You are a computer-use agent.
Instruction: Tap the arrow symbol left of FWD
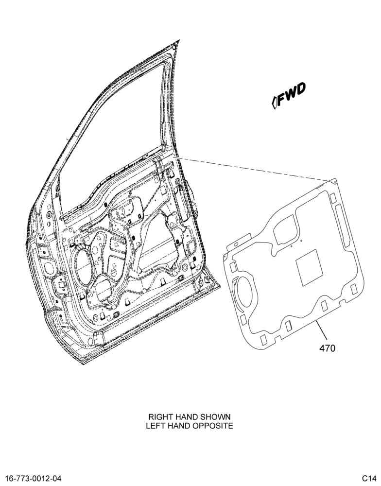click(x=274, y=103)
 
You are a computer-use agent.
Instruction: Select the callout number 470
click(x=328, y=348)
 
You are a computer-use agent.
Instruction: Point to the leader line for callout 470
click(x=321, y=330)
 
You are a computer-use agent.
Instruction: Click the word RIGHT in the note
click(x=159, y=417)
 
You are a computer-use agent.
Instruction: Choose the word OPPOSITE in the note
click(x=213, y=426)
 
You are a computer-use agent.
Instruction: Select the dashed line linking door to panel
click(x=254, y=169)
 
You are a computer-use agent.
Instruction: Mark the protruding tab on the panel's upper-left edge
click(x=239, y=241)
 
